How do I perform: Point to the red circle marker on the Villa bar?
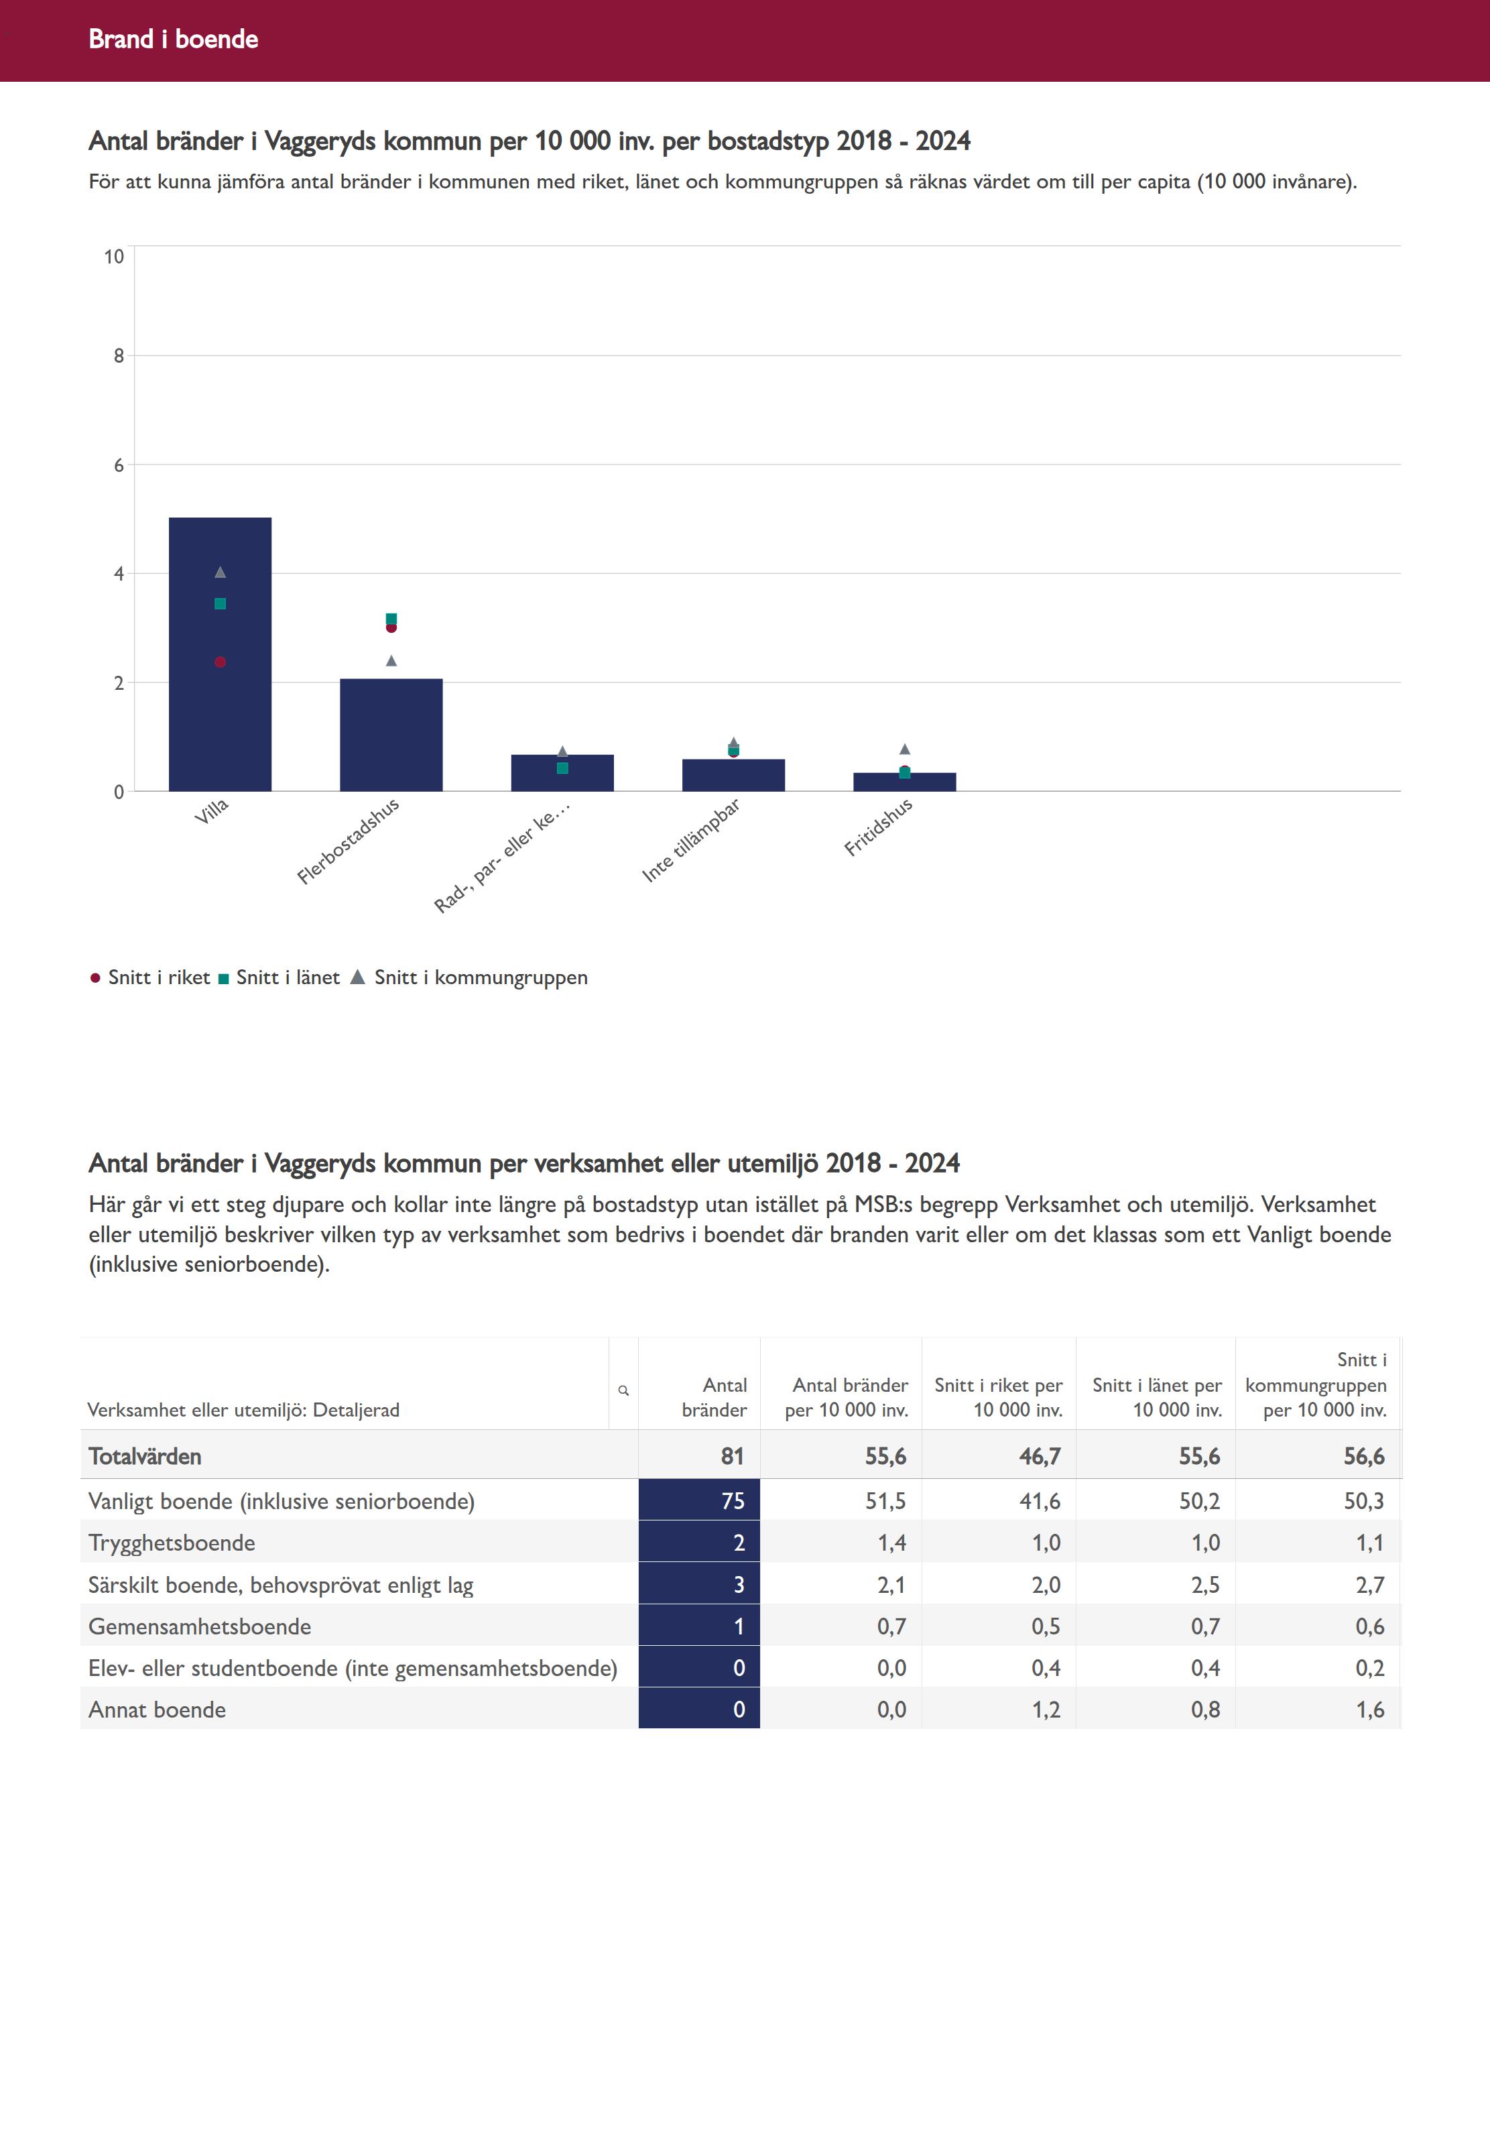221,662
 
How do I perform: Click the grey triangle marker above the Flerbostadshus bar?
391,661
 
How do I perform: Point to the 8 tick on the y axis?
119,356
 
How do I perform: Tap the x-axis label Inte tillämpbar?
691,839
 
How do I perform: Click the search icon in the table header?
623,1390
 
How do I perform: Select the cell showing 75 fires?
699,1500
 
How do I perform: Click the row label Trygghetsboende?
172,1543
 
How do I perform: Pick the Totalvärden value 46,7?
1039,1457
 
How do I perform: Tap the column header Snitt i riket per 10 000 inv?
998,1398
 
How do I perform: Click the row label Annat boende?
157,1710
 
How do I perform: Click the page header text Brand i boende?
174,39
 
